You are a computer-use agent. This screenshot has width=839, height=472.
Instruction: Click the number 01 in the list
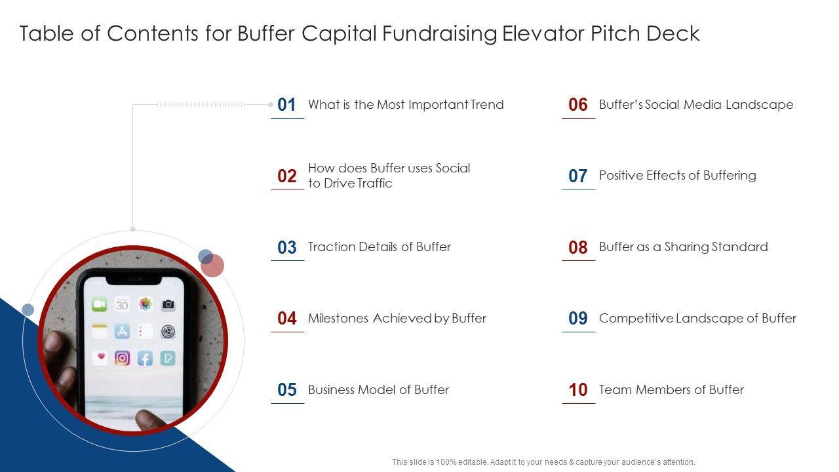pyautogui.click(x=286, y=104)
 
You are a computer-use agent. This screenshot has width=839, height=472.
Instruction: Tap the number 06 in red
pyautogui.click(x=577, y=104)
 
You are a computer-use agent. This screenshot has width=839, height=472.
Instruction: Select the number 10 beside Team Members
pyautogui.click(x=578, y=389)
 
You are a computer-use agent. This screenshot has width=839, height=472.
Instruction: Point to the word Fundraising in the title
pyautogui.click(x=439, y=34)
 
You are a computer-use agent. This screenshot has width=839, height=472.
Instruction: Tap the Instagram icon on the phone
pyautogui.click(x=122, y=358)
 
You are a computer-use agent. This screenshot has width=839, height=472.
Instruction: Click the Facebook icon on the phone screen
pyautogui.click(x=145, y=359)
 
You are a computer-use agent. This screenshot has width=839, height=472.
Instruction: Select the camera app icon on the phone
pyautogui.click(x=168, y=305)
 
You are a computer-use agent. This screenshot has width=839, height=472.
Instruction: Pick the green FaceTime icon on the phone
pyautogui.click(x=99, y=304)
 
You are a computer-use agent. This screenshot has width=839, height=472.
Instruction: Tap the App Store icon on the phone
pyautogui.click(x=122, y=332)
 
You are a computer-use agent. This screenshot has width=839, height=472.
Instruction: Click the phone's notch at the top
pyautogui.click(x=134, y=280)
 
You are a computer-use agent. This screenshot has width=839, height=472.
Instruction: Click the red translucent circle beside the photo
pyautogui.click(x=212, y=265)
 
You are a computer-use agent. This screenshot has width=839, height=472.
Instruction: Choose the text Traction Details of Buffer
pyautogui.click(x=380, y=247)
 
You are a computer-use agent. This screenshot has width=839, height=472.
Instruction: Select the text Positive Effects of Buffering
pyautogui.click(x=678, y=176)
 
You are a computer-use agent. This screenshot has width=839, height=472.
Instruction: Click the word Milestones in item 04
pyautogui.click(x=338, y=319)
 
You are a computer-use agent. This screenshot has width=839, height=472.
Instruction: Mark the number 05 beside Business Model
pyautogui.click(x=287, y=389)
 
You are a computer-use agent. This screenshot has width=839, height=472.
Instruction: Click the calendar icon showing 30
pyautogui.click(x=122, y=304)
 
